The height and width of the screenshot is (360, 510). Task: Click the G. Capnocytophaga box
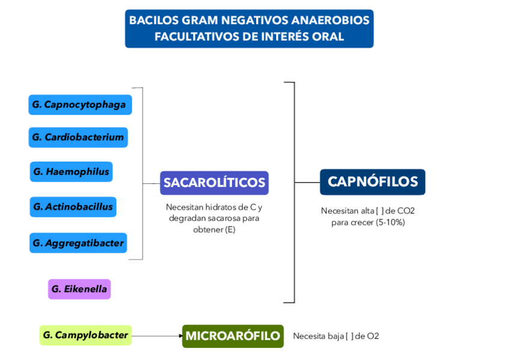point(79,105)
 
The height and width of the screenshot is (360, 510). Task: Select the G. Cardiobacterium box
point(78,137)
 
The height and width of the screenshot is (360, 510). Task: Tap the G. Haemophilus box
point(72,172)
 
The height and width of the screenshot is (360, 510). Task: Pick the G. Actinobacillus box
point(73,207)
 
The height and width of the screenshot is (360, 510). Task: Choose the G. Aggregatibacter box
point(78,243)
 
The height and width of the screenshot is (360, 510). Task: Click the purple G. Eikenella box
point(79,289)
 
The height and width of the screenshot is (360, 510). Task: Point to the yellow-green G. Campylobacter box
point(85,335)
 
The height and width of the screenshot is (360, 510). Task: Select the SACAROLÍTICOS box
point(214,183)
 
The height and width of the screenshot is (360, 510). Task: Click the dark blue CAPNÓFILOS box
point(372,182)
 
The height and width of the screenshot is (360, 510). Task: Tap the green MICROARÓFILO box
point(233,336)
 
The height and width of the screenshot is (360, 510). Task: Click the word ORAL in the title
point(328,37)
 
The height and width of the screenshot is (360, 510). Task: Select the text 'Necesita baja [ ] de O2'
point(336,336)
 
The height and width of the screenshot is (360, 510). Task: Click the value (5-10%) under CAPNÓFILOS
point(390,222)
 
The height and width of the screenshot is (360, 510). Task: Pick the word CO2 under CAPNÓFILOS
point(406,211)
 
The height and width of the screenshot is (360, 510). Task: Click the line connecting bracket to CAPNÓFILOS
point(307,182)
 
